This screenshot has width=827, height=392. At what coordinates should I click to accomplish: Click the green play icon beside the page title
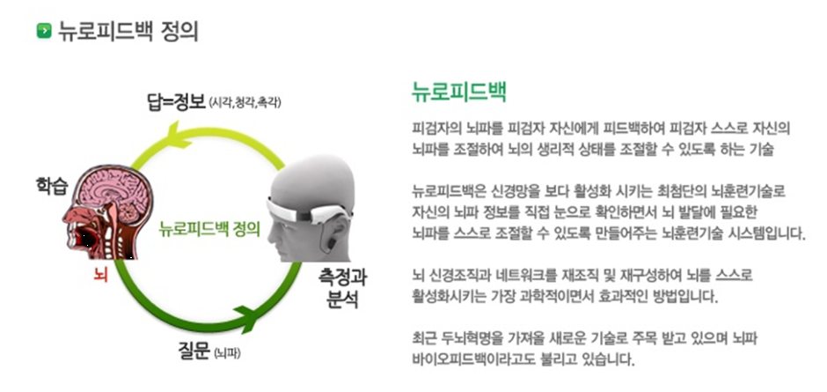point(44,31)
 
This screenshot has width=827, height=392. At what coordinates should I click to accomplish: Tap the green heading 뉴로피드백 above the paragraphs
point(459,92)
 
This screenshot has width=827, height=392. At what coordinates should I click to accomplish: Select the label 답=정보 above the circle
point(176,101)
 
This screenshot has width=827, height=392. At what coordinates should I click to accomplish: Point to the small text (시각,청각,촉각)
point(245,102)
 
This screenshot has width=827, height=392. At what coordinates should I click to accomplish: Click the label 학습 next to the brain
point(51,187)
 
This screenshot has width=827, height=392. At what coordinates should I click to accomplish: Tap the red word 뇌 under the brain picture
point(101,275)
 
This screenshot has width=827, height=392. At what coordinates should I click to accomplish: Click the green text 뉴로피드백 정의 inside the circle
point(210,230)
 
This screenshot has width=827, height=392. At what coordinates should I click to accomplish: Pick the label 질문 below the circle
point(194,351)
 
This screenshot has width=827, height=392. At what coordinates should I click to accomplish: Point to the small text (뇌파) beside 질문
point(227,353)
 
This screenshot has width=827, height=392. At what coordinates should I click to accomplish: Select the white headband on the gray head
point(306,211)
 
